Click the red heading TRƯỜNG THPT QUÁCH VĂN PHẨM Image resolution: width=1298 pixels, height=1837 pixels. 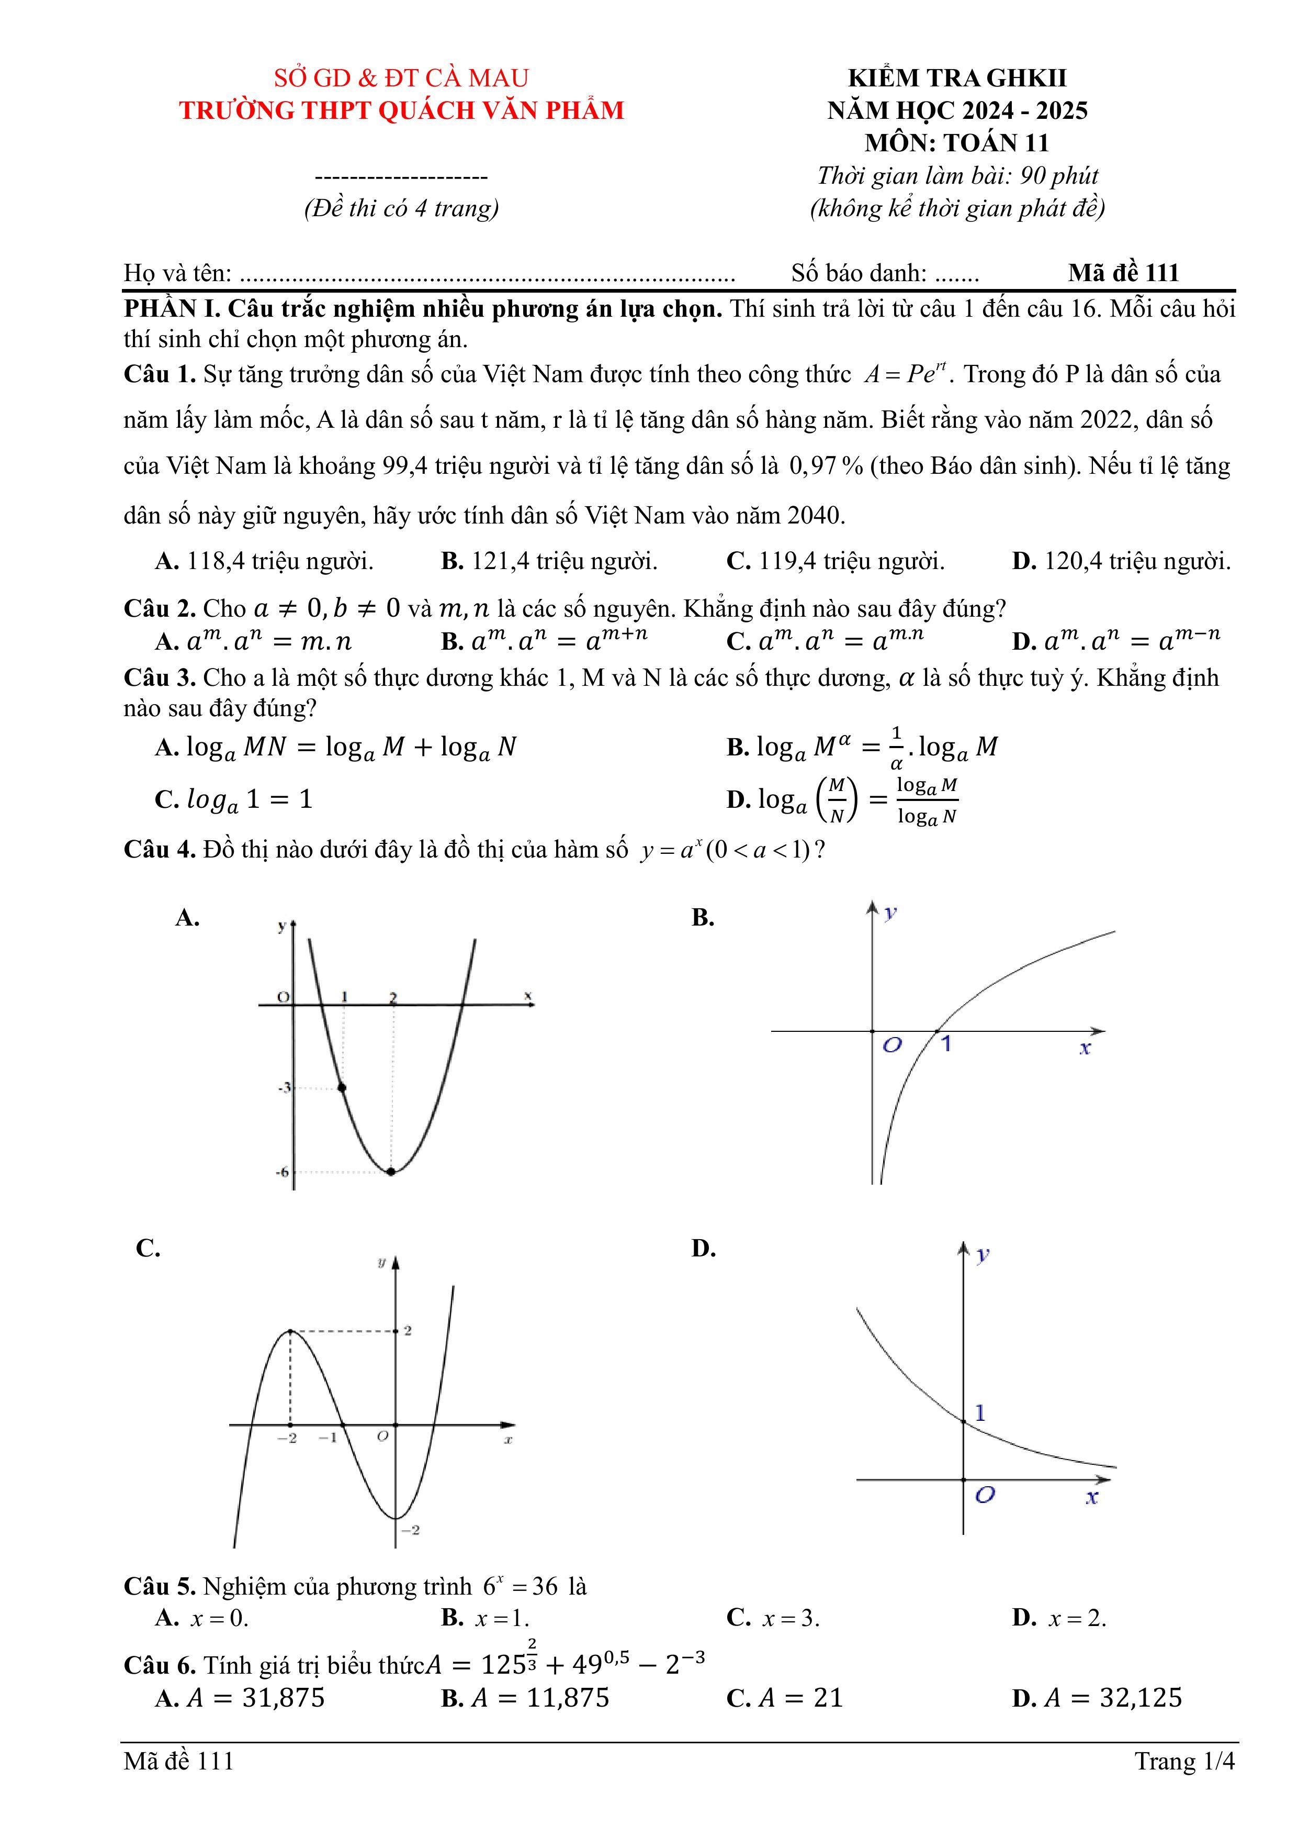(x=401, y=110)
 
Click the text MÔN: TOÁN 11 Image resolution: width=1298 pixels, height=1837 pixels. (x=956, y=143)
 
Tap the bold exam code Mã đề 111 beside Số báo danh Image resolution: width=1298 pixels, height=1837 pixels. (x=1123, y=274)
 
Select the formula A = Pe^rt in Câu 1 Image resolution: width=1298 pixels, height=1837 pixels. (x=905, y=374)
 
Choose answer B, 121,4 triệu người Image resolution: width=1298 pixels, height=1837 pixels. (x=549, y=562)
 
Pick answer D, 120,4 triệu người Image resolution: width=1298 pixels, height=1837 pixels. (x=1121, y=562)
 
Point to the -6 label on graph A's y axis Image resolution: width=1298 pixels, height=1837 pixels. (x=283, y=1173)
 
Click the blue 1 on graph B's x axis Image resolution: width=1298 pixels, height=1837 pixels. (x=945, y=1044)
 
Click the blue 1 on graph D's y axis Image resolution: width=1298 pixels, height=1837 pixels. (x=980, y=1413)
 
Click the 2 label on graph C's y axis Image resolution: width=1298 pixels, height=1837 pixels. (x=408, y=1331)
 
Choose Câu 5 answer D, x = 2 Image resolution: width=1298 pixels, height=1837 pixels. (x=1059, y=1618)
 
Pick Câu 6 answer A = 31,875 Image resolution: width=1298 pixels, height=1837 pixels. (x=240, y=1698)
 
